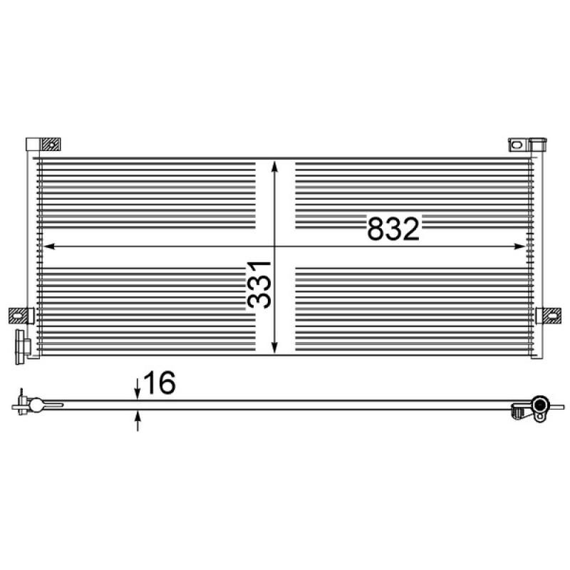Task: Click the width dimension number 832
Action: tap(391, 229)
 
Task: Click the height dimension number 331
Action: tap(260, 284)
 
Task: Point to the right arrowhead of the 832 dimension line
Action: tap(519, 247)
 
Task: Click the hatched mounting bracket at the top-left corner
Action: tap(49, 145)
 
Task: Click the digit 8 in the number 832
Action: tap(376, 229)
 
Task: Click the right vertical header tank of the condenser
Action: tap(537, 256)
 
